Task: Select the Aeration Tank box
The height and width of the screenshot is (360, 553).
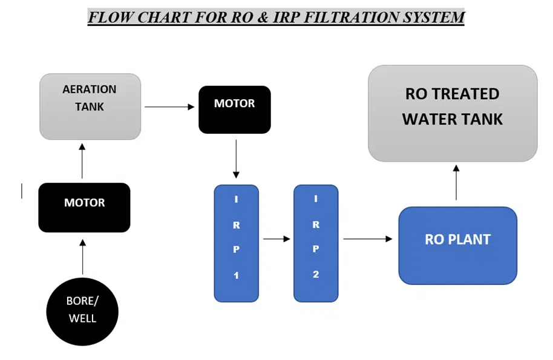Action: [x=90, y=106]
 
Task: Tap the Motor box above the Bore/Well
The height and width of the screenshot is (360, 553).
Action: [x=84, y=208]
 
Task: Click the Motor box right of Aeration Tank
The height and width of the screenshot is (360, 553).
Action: [x=235, y=110]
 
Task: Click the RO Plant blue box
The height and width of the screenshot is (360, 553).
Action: [x=457, y=245]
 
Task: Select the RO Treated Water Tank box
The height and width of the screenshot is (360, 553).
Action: [x=453, y=113]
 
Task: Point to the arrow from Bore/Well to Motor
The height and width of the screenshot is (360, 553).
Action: [x=83, y=257]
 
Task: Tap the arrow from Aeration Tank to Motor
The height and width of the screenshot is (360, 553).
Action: [x=169, y=107]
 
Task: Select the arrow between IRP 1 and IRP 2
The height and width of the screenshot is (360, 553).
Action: [x=276, y=238]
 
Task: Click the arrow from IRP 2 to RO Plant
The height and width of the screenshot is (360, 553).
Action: [x=368, y=238]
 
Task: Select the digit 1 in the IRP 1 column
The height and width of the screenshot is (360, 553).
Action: [x=237, y=275]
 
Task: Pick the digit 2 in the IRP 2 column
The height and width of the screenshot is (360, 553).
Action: [x=316, y=274]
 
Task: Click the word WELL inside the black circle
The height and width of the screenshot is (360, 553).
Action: [x=82, y=318]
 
